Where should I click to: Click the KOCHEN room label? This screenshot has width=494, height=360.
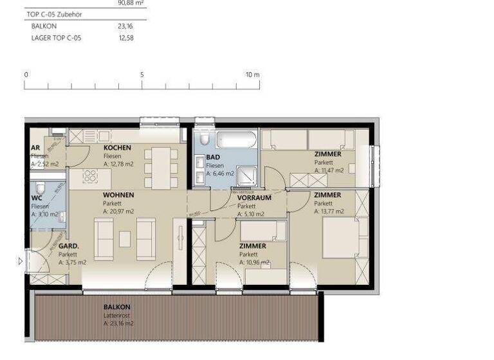(117, 148)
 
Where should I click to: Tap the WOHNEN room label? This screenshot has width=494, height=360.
(118, 195)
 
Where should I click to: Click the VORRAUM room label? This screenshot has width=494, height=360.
(254, 198)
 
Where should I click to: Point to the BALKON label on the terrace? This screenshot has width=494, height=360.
(116, 307)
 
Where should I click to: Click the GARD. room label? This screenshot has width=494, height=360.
(68, 246)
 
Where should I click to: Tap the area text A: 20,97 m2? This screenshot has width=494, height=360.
(118, 211)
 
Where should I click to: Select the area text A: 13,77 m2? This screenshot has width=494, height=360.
(329, 211)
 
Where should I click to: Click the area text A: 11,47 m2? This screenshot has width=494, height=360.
(329, 170)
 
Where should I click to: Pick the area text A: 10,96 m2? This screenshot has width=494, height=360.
(253, 262)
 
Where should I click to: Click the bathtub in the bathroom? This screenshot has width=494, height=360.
(235, 139)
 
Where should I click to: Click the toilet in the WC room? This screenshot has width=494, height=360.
(40, 188)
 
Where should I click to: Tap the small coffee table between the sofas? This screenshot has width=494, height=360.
(125, 239)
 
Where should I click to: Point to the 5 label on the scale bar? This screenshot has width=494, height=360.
(142, 75)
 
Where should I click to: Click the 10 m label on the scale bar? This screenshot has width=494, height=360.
(252, 75)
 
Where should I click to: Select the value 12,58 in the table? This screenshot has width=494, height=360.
(126, 38)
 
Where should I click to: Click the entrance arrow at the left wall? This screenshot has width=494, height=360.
(21, 261)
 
